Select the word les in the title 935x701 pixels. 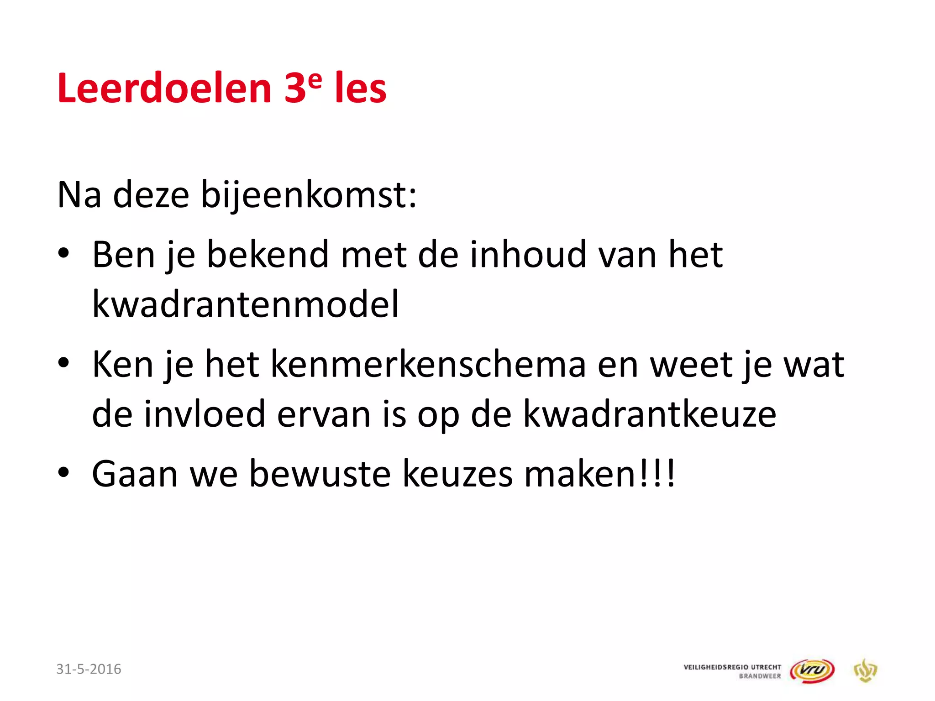click(361, 88)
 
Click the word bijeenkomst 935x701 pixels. click(309, 195)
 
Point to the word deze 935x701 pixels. click(151, 195)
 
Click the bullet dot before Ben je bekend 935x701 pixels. click(63, 253)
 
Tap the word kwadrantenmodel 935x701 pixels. click(246, 304)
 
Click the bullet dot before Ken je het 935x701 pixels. click(63, 363)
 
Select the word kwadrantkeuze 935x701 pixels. click(649, 414)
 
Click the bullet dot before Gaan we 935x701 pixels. click(63, 473)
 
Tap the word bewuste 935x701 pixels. click(320, 474)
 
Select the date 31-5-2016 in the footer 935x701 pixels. click(89, 669)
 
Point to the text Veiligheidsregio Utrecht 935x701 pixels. click(732, 667)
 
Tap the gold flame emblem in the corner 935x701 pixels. click(865, 670)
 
